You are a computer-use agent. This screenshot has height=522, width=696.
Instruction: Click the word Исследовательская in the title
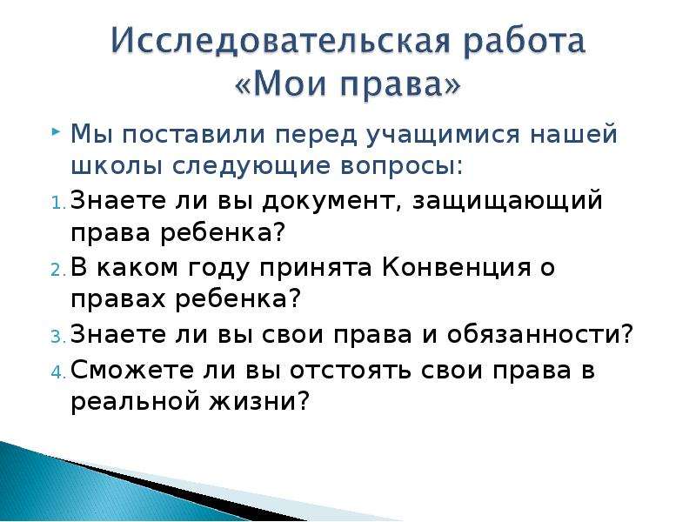point(280,42)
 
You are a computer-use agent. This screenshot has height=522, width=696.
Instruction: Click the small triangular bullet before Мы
point(56,132)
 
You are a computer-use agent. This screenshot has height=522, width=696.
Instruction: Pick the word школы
point(117,165)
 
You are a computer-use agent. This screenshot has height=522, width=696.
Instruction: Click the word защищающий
point(507,201)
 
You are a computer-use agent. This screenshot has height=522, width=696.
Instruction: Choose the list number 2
point(57,270)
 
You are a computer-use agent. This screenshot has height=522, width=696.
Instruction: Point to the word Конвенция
point(456,268)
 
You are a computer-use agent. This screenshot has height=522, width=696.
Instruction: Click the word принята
point(315,269)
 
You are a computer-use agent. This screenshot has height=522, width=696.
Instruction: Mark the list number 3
point(57,337)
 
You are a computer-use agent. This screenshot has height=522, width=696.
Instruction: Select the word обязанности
point(539,334)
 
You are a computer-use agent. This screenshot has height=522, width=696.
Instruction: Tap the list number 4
point(57,372)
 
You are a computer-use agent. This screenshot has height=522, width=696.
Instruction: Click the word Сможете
point(132,370)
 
